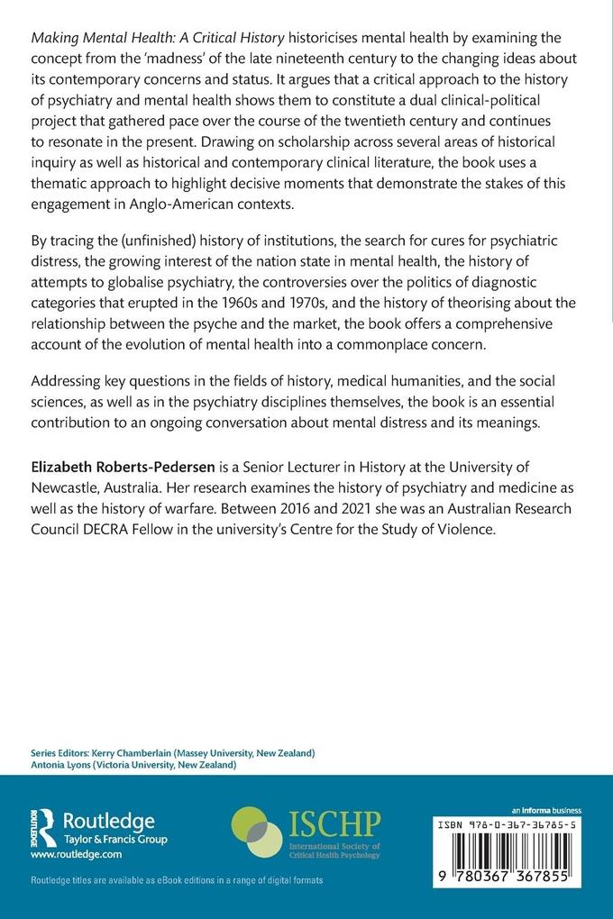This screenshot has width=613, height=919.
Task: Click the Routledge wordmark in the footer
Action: point(108,821)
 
